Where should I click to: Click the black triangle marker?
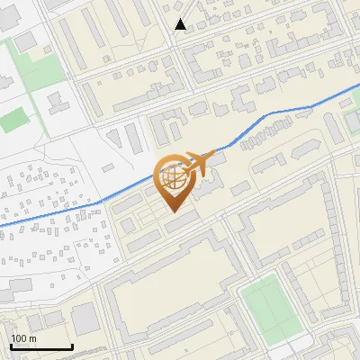pos(180,24)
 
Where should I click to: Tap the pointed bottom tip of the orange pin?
pos(174,212)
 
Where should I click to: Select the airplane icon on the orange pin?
pos(199,163)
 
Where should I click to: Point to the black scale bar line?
pos(41,347)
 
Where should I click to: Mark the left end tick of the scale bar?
pos(11,346)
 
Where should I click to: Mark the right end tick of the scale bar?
pos(72,346)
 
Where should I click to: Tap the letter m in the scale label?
pos(32,338)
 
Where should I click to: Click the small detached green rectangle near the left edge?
pos(13,120)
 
